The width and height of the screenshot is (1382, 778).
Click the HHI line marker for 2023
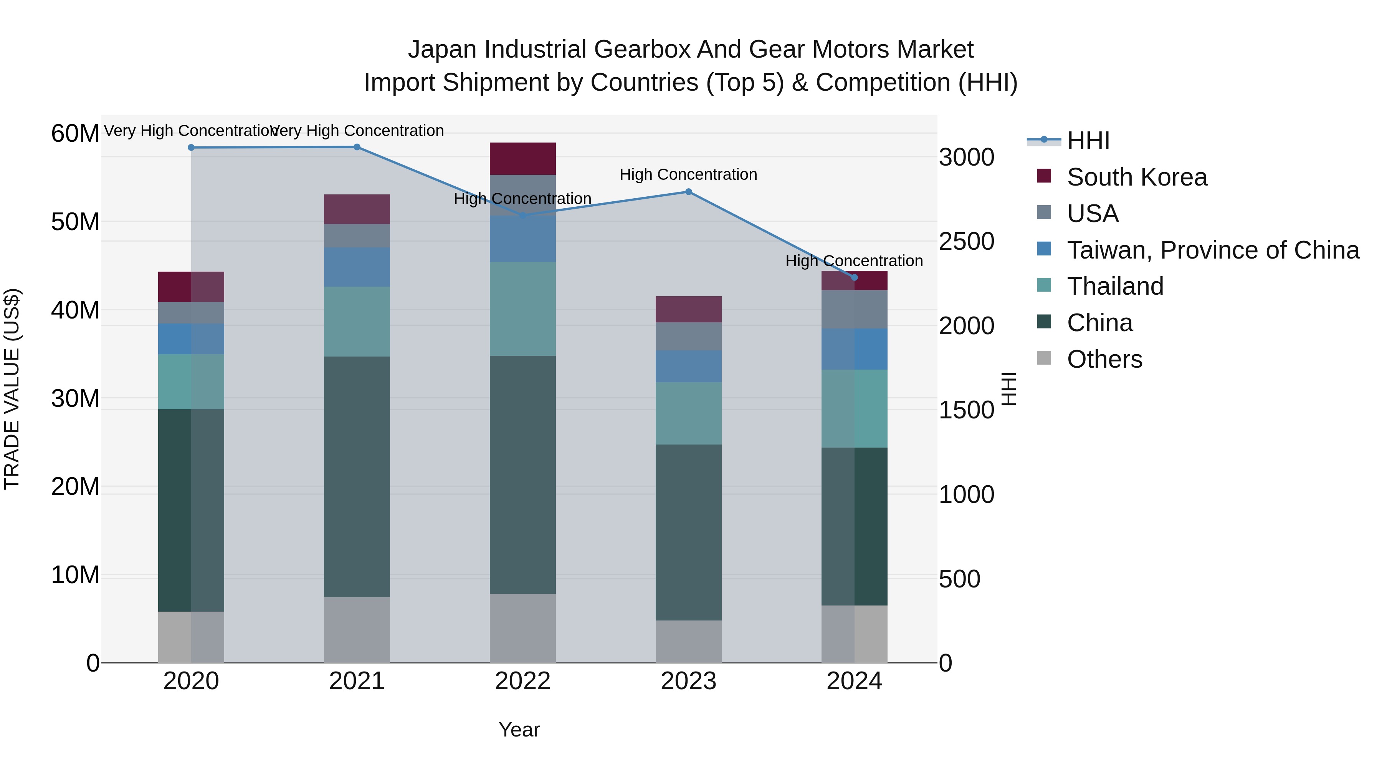coord(688,192)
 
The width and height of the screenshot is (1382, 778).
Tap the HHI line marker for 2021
coord(357,147)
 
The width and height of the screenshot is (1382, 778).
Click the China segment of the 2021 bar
coord(357,476)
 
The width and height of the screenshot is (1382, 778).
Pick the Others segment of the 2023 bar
coord(688,641)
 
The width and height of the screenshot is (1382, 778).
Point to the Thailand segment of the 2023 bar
coord(688,413)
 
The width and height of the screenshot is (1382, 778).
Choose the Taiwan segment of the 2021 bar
coord(357,267)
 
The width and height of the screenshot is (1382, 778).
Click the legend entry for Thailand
coord(1115,286)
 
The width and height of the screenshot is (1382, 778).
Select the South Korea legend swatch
coord(1044,176)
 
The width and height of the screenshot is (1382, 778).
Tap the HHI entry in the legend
coord(1088,141)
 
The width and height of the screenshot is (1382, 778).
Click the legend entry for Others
coord(1104,359)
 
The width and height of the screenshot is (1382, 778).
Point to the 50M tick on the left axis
coord(75,222)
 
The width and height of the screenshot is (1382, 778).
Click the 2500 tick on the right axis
coord(966,242)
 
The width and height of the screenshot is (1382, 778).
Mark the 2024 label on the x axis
coord(854,681)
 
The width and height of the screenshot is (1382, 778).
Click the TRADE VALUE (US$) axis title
coord(12,389)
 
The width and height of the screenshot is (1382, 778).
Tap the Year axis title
coord(519,730)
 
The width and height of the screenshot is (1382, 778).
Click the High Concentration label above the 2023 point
coord(688,174)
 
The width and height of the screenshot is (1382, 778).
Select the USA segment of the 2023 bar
coord(688,336)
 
